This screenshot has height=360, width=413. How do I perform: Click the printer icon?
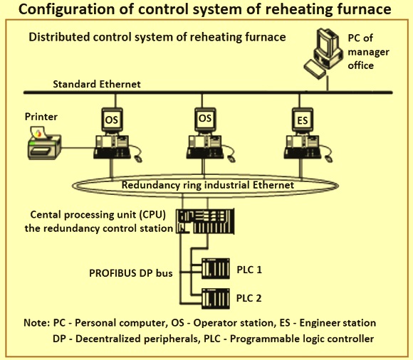coord(45,144)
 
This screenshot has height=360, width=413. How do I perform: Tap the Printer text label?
coord(41,117)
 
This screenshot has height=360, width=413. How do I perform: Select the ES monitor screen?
coord(303,120)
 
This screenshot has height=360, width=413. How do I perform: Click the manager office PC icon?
coord(323,53)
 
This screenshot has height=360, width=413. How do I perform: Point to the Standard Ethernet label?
coord(97,84)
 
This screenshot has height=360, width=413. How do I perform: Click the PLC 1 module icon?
coord(216,268)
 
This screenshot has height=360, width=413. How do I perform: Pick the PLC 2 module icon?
coord(216,299)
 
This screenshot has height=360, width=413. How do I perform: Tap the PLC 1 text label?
coord(249,270)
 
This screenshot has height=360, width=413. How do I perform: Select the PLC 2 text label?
coord(249,298)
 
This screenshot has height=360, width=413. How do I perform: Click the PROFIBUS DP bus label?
coord(131,273)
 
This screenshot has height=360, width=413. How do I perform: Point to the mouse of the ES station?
coord(328,159)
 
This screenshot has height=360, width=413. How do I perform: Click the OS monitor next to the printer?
coord(113,120)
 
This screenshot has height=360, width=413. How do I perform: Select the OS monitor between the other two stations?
coord(205,119)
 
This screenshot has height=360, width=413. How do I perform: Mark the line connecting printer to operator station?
coord(78,148)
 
